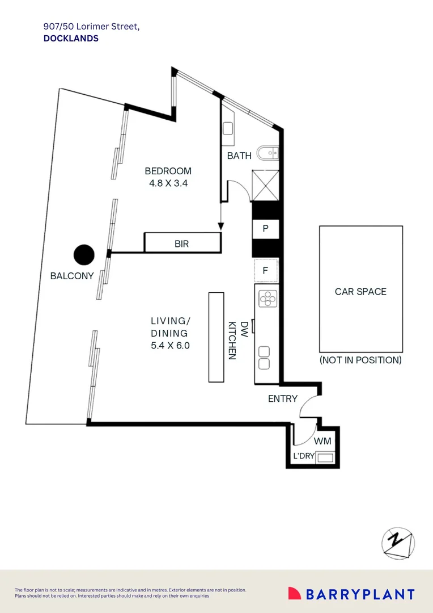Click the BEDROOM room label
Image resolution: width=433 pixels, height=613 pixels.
pyautogui.click(x=168, y=171)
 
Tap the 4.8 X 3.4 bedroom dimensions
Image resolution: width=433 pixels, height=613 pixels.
pyautogui.click(x=168, y=183)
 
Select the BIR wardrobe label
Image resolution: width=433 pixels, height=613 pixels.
pyautogui.click(x=181, y=244)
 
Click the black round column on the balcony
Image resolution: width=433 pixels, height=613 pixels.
pyautogui.click(x=84, y=255)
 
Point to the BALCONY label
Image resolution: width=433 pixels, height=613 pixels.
pyautogui.click(x=72, y=276)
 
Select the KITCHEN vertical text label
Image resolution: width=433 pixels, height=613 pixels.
pyautogui.click(x=232, y=341)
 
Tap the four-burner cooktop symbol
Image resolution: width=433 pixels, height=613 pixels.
pyautogui.click(x=267, y=299)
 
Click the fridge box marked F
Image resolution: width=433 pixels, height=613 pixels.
pyautogui.click(x=265, y=271)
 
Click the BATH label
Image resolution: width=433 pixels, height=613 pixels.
pyautogui.click(x=239, y=156)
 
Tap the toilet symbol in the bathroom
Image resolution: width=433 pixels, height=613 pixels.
pyautogui.click(x=268, y=153)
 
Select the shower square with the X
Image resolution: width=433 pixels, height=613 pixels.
pyautogui.click(x=265, y=185)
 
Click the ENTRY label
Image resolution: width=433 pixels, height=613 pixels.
pyautogui.click(x=282, y=398)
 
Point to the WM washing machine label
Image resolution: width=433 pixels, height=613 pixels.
pyautogui.click(x=322, y=440)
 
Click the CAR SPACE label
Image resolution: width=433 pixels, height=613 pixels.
pyautogui.click(x=360, y=292)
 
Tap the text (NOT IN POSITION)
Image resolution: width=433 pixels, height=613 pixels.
pyautogui.click(x=360, y=360)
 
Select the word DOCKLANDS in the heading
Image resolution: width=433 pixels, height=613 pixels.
pyautogui.click(x=71, y=39)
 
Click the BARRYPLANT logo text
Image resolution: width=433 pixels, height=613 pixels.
pyautogui.click(x=360, y=594)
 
